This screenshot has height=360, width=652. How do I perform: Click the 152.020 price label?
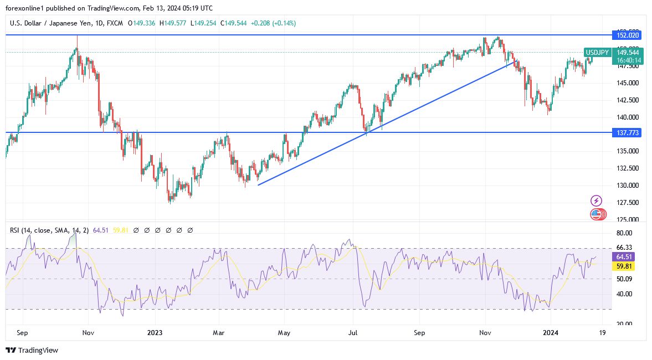pyautogui.click(x=626, y=35)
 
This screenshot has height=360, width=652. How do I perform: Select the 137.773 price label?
pyautogui.click(x=626, y=133)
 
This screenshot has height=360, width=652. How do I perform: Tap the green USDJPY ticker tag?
pyautogui.click(x=597, y=53)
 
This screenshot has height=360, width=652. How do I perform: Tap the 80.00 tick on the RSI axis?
pyautogui.click(x=624, y=233)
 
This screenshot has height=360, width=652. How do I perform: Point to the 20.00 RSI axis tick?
pyautogui.click(x=624, y=324)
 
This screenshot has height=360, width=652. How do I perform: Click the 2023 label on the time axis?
pyautogui.click(x=155, y=333)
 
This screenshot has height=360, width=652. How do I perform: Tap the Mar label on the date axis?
pyautogui.click(x=219, y=333)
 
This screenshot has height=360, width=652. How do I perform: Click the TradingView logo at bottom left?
pyautogui.click(x=32, y=350)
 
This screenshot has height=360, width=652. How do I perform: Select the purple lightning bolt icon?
pyautogui.click(x=597, y=200)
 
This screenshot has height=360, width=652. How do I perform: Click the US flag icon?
pyautogui.click(x=597, y=214)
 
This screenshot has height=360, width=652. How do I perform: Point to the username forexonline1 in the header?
pyautogui.click(x=25, y=8)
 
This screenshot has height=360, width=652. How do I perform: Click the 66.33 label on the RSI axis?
pyautogui.click(x=624, y=248)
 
